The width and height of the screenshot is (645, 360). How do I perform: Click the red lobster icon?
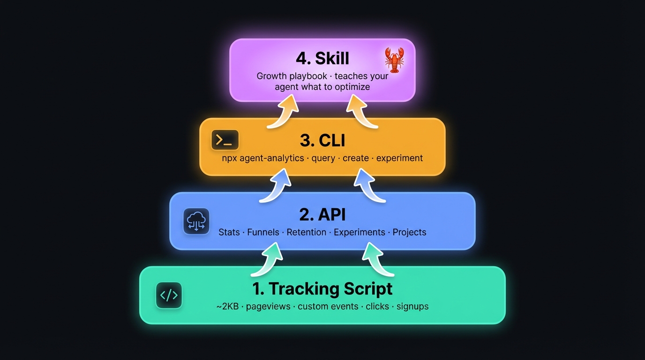(x=394, y=60)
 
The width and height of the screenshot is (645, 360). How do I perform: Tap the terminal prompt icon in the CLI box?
(x=225, y=140)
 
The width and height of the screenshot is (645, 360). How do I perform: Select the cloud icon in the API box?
(x=196, y=221)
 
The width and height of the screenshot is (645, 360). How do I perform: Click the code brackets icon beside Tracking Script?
(x=169, y=295)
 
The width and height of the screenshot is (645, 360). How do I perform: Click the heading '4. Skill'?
(x=322, y=58)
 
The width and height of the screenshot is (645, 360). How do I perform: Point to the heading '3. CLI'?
(x=322, y=140)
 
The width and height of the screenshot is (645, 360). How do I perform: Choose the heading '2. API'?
(x=322, y=214)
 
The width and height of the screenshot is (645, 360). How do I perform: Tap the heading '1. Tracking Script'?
(x=322, y=288)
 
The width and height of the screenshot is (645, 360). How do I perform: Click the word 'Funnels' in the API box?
(x=263, y=232)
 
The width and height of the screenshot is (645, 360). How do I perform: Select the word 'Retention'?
(x=307, y=232)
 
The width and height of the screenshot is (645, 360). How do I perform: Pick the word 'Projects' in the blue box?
(x=409, y=232)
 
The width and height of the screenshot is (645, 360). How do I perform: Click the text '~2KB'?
(x=227, y=307)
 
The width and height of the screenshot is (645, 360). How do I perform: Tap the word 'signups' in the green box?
(x=412, y=307)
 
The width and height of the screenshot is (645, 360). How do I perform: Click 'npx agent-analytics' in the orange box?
(x=263, y=158)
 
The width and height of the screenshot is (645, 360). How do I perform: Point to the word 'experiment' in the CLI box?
(x=399, y=158)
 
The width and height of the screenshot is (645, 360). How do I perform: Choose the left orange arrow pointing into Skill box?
(x=284, y=111)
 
